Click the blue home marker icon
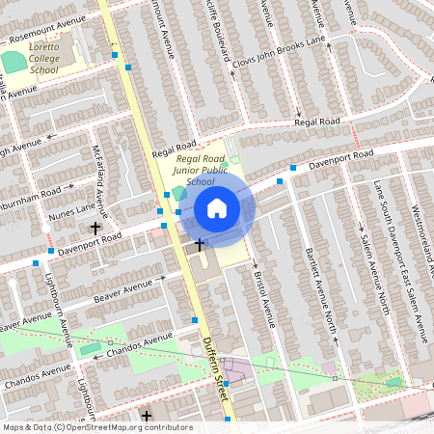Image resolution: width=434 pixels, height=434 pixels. tap(217, 208)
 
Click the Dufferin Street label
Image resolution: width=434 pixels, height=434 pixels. tap(217, 364)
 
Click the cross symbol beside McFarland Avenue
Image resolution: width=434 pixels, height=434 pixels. tap(95, 229)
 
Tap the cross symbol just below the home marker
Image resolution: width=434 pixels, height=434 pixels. tap(201, 245)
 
